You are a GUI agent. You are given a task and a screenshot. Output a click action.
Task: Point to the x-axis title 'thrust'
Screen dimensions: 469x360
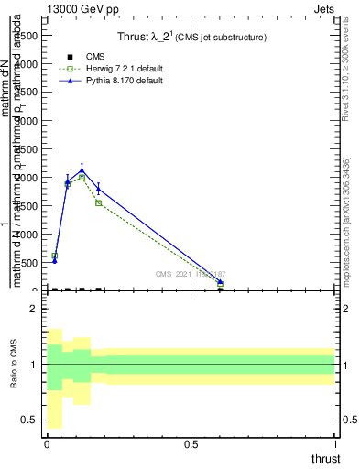(324, 459)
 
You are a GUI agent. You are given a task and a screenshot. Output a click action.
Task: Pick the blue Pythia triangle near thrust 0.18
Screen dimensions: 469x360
(98, 189)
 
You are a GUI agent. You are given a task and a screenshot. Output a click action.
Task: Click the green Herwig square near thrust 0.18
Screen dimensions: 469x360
(98, 202)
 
